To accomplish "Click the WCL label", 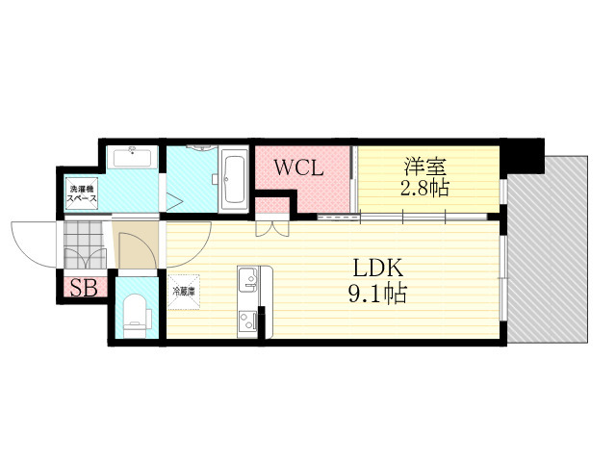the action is point(298,167).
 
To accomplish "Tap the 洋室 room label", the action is point(425,167).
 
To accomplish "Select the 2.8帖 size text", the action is point(424,189).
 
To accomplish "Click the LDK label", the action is point(378,269).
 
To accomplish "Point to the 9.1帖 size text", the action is point(377,293).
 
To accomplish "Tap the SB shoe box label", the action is point(84,289).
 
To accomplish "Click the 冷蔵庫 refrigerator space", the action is point(184,292).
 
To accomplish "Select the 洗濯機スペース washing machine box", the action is point(82,194).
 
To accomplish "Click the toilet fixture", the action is point(137,316).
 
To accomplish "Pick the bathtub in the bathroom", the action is point(234,180).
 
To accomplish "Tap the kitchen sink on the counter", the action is point(247,279).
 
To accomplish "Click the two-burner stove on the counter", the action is point(247,322).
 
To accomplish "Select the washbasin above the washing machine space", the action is point(132,157).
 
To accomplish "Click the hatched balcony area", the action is point(548,249).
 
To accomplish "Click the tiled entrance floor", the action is point(85,244).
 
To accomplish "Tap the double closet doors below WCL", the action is point(272,229).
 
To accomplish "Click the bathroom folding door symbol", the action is point(175,202).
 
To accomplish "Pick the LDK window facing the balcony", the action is point(502,278).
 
